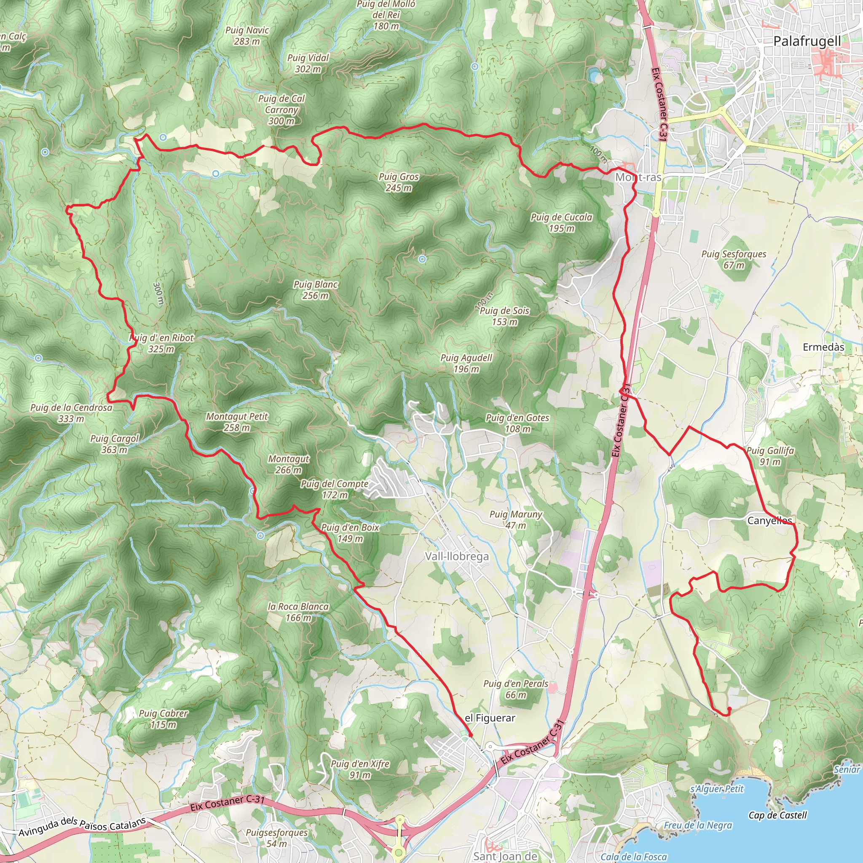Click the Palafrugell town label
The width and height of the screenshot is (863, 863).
coord(807,41)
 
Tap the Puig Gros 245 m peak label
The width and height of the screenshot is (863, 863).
coord(399,182)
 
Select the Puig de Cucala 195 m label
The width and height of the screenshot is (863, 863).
coord(561,222)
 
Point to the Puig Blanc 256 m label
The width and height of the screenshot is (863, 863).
coord(315,290)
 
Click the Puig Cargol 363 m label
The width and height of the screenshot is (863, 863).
coord(114,444)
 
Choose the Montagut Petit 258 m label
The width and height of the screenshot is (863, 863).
coord(237,422)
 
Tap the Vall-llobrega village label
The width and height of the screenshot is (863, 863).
coord(456,557)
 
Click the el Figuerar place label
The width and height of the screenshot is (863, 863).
coord(490,718)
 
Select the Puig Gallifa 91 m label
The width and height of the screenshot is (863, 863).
coord(770,456)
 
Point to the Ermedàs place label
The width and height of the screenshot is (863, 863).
coord(824,347)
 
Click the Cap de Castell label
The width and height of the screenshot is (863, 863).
coord(778,815)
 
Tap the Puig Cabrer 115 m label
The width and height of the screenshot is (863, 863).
coord(163,719)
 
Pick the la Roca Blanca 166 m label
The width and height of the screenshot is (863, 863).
coord(298,612)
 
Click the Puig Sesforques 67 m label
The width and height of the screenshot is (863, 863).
coord(734,260)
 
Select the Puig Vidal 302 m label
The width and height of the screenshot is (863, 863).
coord(308,63)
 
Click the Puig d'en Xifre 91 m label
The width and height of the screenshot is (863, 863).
coord(360,769)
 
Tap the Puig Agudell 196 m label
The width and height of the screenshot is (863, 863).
coord(466,363)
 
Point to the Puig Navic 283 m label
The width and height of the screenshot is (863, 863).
coord(247,36)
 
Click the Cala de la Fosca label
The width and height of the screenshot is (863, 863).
coord(633,856)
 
